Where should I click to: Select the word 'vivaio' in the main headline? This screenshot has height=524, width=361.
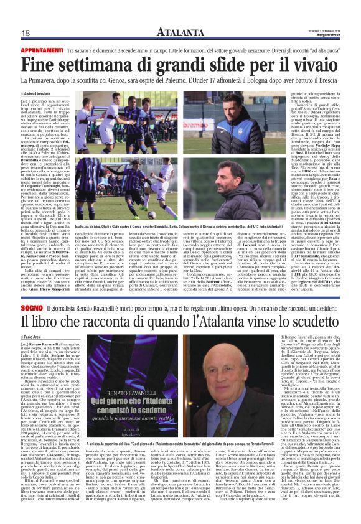(x=311, y=65)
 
